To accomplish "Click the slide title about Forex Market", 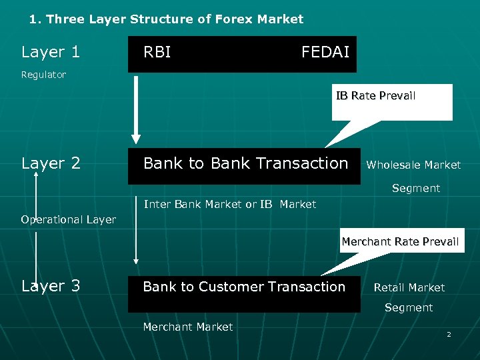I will point(166,19).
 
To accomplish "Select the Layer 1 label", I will point(51,52).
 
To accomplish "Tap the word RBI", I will point(157,52).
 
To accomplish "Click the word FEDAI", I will point(325,52).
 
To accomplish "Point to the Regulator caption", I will point(43,75).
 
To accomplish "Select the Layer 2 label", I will point(51,163).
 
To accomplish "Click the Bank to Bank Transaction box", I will point(245,164).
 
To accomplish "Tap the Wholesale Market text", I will point(413,165).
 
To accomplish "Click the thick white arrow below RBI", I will point(136,110).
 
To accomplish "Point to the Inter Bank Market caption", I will point(230,204).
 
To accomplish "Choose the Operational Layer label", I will point(68,219).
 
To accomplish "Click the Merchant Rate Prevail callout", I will point(400,241).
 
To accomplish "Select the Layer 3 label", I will point(51,286).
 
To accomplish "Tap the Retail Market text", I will point(409,287).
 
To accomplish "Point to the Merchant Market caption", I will point(188,327).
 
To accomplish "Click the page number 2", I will point(449,334).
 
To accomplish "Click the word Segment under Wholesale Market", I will point(415,189).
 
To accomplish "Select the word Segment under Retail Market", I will point(409,307).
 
